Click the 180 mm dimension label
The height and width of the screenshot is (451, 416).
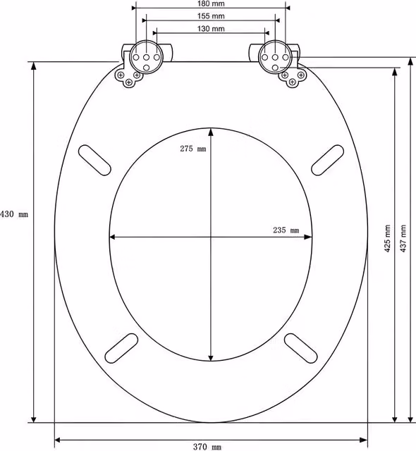(x=211, y=4)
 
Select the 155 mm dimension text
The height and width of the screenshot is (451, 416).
(x=211, y=16)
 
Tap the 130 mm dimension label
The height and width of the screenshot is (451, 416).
(x=211, y=29)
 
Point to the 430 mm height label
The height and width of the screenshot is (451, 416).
(x=14, y=214)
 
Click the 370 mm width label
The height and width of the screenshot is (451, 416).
(x=207, y=447)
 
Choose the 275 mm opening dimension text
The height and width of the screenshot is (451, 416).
(x=193, y=149)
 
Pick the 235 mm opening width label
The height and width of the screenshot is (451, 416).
(x=286, y=230)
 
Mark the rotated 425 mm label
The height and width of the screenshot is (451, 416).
(x=387, y=239)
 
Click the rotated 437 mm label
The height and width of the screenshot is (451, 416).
(x=403, y=239)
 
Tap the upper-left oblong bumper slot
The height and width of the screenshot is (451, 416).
(x=94, y=160)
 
